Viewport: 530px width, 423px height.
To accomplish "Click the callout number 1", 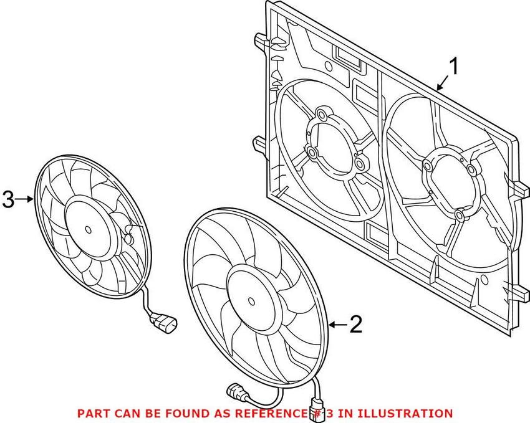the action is point(453,66).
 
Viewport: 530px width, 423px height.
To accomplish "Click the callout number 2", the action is point(356,325).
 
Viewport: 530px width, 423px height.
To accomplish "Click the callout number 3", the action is point(8,199).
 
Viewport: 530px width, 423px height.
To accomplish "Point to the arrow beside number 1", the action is point(443,83).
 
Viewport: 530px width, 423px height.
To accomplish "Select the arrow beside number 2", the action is point(338,325).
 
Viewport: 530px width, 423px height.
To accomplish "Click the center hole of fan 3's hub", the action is point(88,230).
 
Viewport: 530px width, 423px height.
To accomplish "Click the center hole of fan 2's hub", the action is point(251,300).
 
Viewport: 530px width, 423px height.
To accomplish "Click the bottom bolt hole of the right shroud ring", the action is point(460,215).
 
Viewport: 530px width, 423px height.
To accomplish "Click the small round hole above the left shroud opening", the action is point(328,65).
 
